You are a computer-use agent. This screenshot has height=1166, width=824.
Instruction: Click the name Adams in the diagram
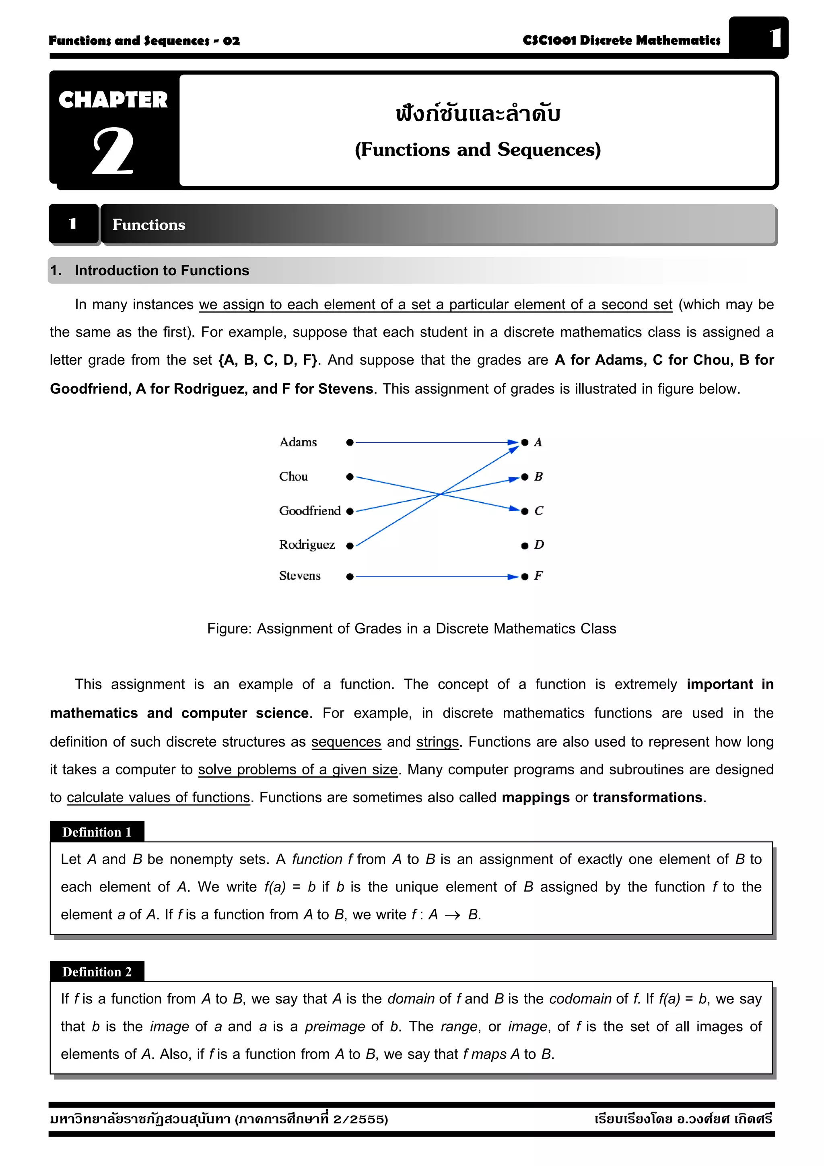(x=298, y=442)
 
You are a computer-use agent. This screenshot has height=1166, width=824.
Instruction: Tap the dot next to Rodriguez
(x=350, y=546)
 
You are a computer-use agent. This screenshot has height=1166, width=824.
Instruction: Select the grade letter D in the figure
(x=539, y=545)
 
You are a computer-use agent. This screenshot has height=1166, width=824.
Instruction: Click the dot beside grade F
(x=525, y=577)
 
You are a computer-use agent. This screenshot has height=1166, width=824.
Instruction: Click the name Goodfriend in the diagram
(x=310, y=511)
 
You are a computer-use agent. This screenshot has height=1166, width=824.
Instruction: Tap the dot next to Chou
(x=350, y=477)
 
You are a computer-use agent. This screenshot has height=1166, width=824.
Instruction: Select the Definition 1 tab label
(x=97, y=832)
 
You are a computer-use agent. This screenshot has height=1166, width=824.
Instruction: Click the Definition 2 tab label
(x=97, y=972)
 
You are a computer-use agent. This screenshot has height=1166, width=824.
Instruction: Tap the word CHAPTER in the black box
(x=113, y=100)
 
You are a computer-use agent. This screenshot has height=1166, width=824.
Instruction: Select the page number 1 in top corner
(x=774, y=38)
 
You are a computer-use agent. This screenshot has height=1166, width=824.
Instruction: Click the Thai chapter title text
(x=478, y=113)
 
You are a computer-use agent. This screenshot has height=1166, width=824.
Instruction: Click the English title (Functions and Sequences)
(x=478, y=150)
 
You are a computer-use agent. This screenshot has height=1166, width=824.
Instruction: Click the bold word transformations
(x=647, y=797)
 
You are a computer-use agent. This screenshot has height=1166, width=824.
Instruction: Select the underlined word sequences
(x=346, y=742)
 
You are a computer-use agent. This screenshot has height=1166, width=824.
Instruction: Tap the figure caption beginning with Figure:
(x=411, y=629)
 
